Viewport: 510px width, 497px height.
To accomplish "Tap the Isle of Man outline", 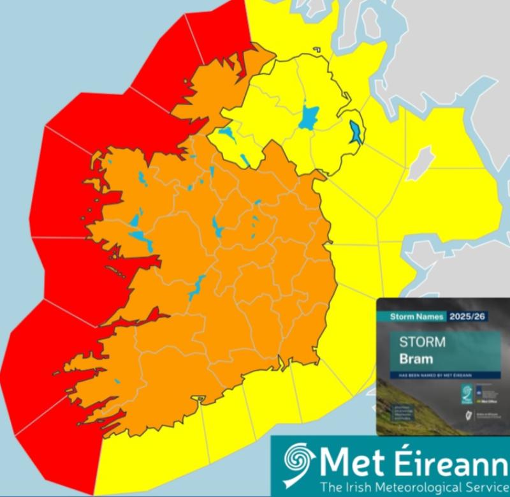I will pyautogui.click(x=421, y=159).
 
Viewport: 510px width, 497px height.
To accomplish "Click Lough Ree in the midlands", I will pyautogui.click(x=217, y=225).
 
